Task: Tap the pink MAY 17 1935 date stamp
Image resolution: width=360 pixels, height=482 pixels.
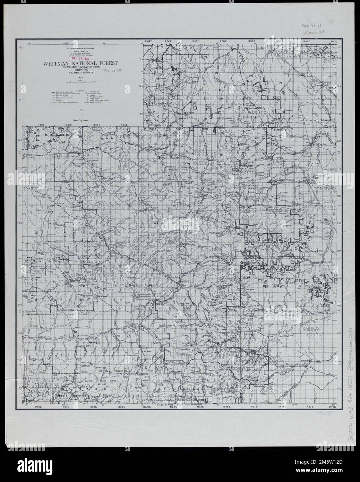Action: coord(80,59)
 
